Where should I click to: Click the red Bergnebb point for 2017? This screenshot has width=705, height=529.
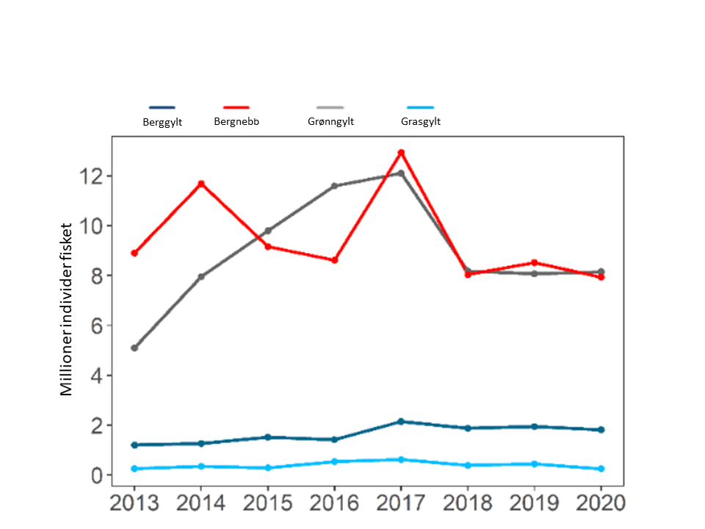click(x=401, y=153)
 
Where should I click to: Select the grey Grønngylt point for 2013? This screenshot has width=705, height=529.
click(x=134, y=348)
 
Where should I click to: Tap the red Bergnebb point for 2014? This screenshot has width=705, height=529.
click(x=201, y=184)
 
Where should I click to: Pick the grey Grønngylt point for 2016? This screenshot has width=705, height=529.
click(x=334, y=186)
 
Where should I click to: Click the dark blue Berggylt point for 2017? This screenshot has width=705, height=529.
click(x=401, y=422)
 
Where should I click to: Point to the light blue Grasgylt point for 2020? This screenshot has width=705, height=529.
click(x=601, y=469)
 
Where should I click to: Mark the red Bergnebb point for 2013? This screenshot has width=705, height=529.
click(x=134, y=253)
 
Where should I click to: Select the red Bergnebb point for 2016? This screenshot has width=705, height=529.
click(x=334, y=260)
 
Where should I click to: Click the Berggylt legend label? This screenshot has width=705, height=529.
click(x=162, y=122)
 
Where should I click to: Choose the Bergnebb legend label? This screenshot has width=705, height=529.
click(x=236, y=121)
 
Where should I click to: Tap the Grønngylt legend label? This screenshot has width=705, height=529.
click(x=330, y=121)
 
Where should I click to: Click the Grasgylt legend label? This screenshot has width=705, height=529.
click(x=421, y=121)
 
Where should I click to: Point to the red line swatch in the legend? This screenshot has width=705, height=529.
click(x=236, y=107)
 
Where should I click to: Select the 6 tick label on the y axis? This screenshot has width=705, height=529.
click(x=95, y=325)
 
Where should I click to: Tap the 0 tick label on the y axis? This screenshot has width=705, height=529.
click(x=95, y=475)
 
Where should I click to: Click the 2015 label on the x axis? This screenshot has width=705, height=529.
click(x=267, y=504)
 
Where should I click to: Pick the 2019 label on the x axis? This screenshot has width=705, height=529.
click(x=535, y=504)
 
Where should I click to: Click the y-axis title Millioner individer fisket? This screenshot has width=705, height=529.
click(x=67, y=309)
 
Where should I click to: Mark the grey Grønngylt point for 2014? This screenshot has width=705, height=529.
click(x=201, y=277)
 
